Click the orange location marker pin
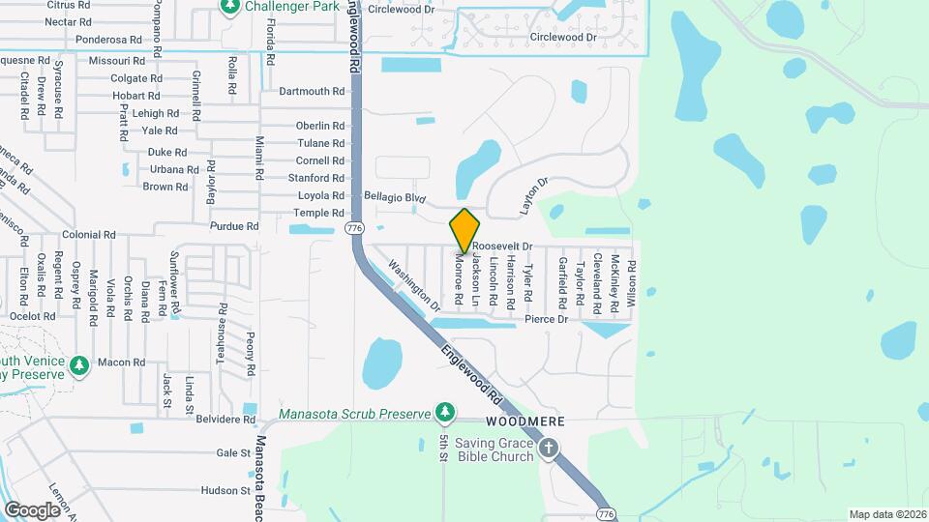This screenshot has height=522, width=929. point(464,231)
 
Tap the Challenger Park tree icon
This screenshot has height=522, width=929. point(230,8)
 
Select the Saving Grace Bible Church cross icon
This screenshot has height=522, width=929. point(549,447)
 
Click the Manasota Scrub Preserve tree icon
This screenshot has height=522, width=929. point(444,412)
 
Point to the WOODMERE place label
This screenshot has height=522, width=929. point(524,423)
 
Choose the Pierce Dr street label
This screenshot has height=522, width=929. point(546,319)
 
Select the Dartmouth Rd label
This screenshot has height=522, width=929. point(312,92)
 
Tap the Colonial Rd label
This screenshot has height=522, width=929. point(88,235)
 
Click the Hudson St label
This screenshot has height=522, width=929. point(226,491)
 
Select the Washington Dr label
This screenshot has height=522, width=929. point(413,284)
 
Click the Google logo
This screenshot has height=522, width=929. point(32,509)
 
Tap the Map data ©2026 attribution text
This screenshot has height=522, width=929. point(886,514)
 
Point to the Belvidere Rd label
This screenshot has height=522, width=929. point(225,420)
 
